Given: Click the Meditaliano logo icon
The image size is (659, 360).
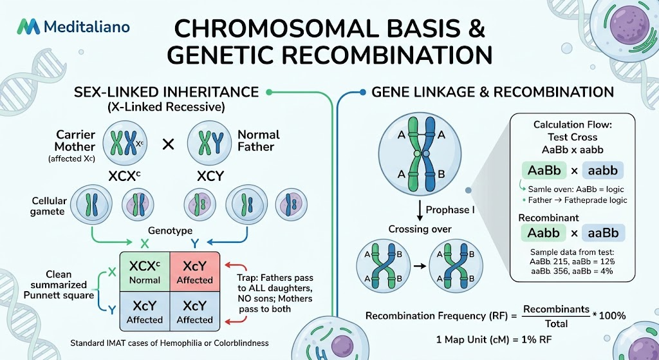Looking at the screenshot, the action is coord(28,27).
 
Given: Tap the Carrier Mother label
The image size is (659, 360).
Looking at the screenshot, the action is coord(70,141).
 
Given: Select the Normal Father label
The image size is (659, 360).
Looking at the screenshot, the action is coord(259,141).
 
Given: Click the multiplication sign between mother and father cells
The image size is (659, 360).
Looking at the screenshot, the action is coord(168,145).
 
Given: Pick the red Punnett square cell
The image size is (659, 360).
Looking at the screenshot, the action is coord(194,272).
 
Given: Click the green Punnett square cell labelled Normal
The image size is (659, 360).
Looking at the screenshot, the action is coord(145,272).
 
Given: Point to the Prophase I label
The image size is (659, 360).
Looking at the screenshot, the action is coord(450,210).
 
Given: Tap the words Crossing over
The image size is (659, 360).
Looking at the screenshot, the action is coord(420,229).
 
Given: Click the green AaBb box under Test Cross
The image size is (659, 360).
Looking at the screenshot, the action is coord(544,170).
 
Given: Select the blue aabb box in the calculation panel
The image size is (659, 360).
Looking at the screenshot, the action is coord(602,170).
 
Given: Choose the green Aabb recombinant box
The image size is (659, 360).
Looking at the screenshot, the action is coord(543,232).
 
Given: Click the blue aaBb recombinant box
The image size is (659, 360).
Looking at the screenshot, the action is coord(603,232).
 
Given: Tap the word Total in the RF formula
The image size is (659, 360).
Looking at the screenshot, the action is coord(556,323).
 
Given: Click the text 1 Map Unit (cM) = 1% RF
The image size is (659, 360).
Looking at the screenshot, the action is coord(494,339).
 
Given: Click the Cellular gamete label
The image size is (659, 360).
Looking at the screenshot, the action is coord(48,206).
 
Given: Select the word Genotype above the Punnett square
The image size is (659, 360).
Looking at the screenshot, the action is coord(170,231).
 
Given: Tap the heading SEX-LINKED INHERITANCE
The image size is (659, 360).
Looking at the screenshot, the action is coord(167,92).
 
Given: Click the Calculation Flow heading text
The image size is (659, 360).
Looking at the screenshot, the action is coord(572,125).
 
